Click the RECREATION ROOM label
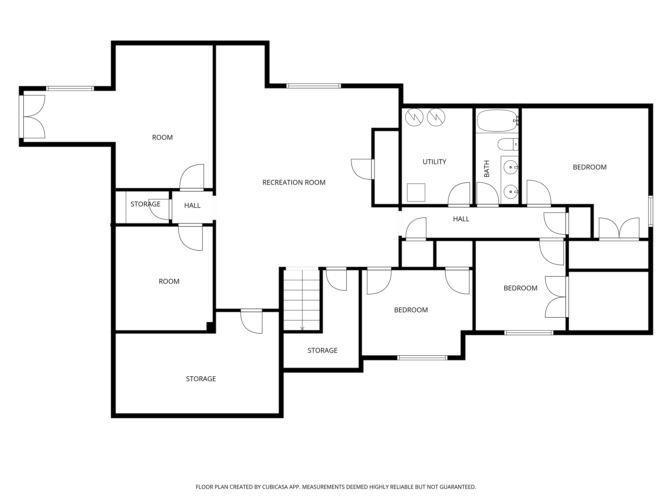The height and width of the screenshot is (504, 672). pyautogui.click(x=294, y=182)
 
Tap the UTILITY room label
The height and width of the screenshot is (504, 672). pyautogui.click(x=434, y=162)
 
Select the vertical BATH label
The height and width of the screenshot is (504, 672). pyautogui.click(x=487, y=169)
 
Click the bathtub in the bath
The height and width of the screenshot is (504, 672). pyautogui.click(x=496, y=120)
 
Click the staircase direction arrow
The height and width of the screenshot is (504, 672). pyautogui.click(x=302, y=328)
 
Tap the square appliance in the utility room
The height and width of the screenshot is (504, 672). pyautogui.click(x=416, y=192)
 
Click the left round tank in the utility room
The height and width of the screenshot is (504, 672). pyautogui.click(x=414, y=117)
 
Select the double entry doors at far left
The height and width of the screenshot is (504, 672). pyautogui.click(x=33, y=116)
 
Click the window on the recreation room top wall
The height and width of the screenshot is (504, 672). pyautogui.click(x=313, y=86)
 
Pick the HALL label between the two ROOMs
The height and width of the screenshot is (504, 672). pyautogui.click(x=192, y=206)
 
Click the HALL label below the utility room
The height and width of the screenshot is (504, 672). pyautogui.click(x=461, y=219)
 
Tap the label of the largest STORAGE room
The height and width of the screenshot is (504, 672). pyautogui.click(x=201, y=379)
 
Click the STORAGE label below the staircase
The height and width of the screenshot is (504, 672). pyautogui.click(x=322, y=350)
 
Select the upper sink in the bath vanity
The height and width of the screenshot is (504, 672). pyautogui.click(x=511, y=167)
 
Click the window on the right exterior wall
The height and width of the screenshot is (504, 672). pyautogui.click(x=651, y=211)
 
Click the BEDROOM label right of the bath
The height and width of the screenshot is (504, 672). pyautogui.click(x=589, y=167)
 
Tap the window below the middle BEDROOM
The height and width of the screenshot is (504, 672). pyautogui.click(x=422, y=358)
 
